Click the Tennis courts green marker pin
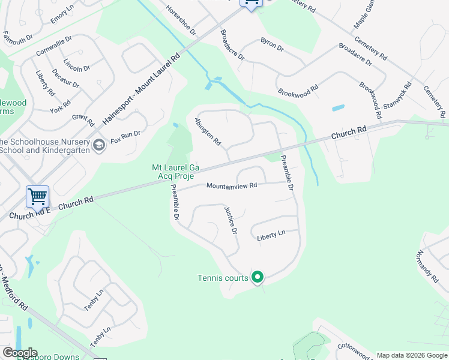pyautogui.click(x=258, y=277)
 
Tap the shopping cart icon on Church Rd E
pyautogui.click(x=37, y=196)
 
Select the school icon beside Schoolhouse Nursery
pyautogui.click(x=99, y=144)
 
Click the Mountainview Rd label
pyautogui.click(x=232, y=186)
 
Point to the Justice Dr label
pyautogui.click(x=231, y=220)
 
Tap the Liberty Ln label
pyautogui.click(x=271, y=236)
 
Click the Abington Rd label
pyautogui.click(x=208, y=131)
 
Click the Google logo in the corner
pyautogui.click(x=20, y=353)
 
